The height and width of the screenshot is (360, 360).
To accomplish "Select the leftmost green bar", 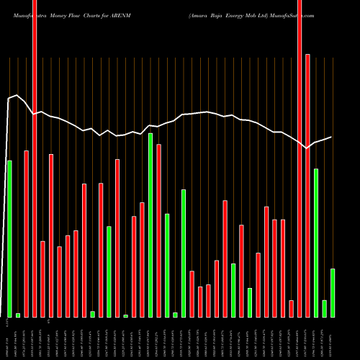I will click(x=9, y=238).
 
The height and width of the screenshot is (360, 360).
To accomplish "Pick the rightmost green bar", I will click(x=333, y=292).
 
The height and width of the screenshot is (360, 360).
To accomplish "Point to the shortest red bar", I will click(x=292, y=308).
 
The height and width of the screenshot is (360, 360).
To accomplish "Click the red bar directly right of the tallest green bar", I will click(x=158, y=230).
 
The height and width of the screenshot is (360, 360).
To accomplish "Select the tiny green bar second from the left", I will click(x=18, y=315).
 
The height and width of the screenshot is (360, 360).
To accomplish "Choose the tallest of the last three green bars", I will click(x=316, y=243).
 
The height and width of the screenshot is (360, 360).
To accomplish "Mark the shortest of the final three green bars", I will click(x=325, y=308).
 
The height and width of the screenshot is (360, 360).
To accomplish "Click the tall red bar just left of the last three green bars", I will click(x=307, y=185).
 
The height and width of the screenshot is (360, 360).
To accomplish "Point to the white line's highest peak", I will click(x=17, y=95).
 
